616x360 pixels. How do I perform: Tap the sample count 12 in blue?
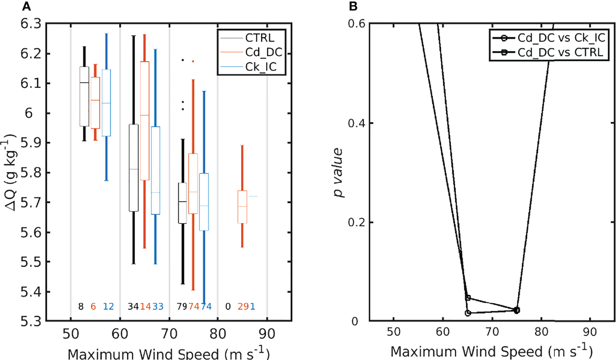coord(108,307)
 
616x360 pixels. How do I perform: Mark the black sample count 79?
coord(183,307)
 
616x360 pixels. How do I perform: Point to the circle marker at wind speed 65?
coord(468,313)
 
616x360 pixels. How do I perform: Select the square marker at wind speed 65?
coord(468,298)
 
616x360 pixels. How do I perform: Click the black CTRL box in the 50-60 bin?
coord(84,96)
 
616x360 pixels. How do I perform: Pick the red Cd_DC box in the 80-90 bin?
coord(242,207)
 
